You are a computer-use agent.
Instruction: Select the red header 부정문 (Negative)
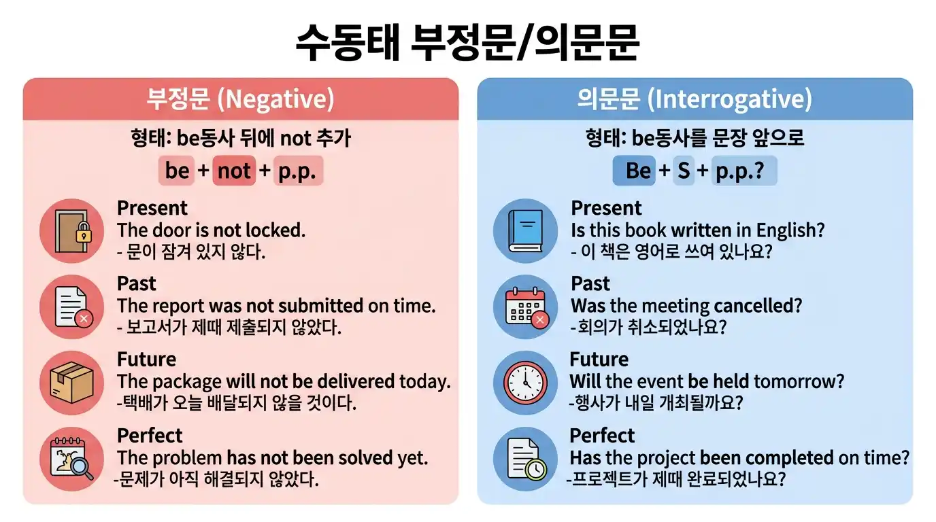pyautogui.click(x=241, y=99)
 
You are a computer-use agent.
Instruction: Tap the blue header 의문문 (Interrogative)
pyautogui.click(x=695, y=99)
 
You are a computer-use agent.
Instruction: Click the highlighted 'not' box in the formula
pyautogui.click(x=234, y=171)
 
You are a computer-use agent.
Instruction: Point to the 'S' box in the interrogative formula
pyautogui.click(x=684, y=171)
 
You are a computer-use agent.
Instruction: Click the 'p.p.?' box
pyautogui.click(x=743, y=171)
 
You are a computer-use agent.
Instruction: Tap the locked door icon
pyautogui.click(x=72, y=231)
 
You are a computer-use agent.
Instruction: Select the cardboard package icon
pyautogui.click(x=72, y=383)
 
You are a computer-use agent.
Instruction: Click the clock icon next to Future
pyautogui.click(x=525, y=383)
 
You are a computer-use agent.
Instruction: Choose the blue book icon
pyautogui.click(x=525, y=231)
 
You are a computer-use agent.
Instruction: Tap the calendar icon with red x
pyautogui.click(x=525, y=307)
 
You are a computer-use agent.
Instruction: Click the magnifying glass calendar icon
pyautogui.click(x=72, y=459)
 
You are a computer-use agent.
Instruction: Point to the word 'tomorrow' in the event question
pyautogui.click(x=802, y=381)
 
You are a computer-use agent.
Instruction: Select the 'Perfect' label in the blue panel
pyautogui.click(x=602, y=436)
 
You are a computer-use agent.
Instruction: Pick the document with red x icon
pyautogui.click(x=72, y=307)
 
